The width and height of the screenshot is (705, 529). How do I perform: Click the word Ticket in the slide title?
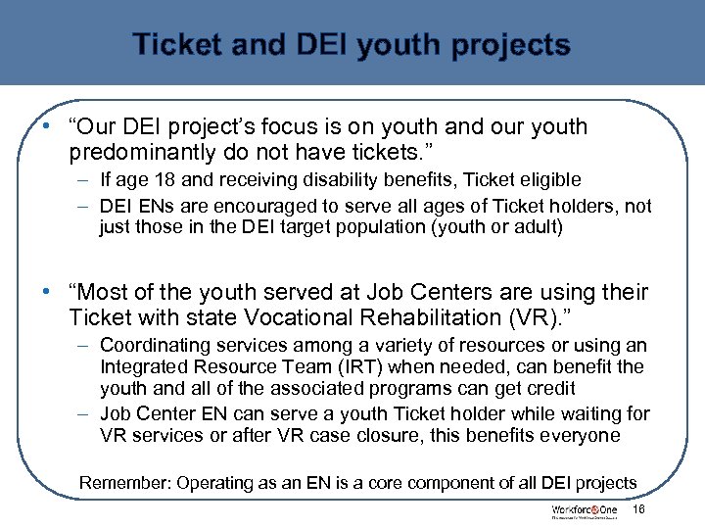(x=175, y=45)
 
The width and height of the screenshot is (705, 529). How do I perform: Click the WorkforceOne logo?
(x=586, y=511)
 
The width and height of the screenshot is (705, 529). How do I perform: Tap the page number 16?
(x=639, y=510)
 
